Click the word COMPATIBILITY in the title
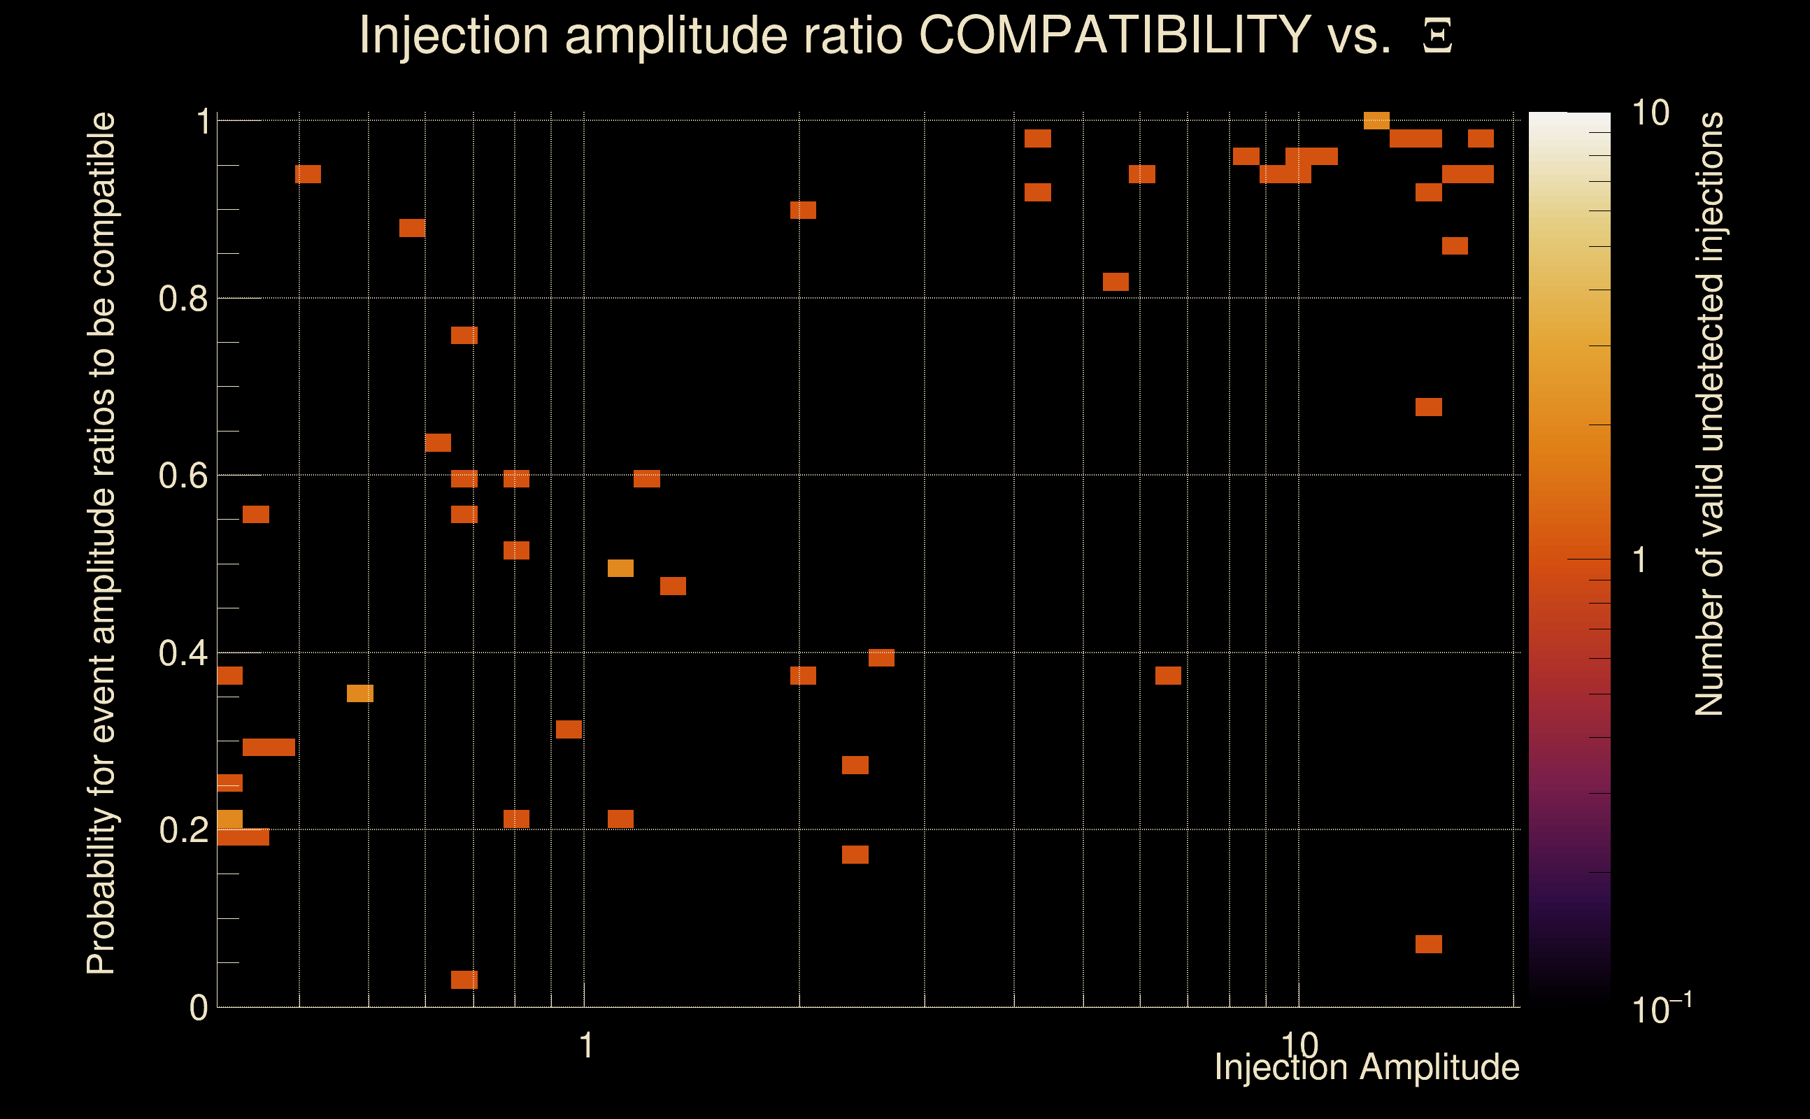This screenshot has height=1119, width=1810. point(1114,35)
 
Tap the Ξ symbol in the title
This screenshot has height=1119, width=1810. point(1437,36)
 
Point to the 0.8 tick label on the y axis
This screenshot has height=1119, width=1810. point(183,299)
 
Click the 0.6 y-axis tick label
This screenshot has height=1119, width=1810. point(183,476)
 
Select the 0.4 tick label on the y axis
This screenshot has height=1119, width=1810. point(183,653)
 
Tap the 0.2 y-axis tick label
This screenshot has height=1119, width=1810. point(183,830)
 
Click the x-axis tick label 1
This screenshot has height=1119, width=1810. point(586,1046)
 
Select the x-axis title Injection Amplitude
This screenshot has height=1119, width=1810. point(1367,1067)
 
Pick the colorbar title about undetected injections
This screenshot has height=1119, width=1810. point(1709,415)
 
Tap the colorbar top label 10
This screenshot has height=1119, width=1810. point(1650,114)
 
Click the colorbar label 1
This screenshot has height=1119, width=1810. point(1640,560)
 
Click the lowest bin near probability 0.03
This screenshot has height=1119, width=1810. point(464,980)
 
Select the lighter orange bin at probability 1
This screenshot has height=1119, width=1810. point(1376,120)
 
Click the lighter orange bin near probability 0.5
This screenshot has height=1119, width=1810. point(620,569)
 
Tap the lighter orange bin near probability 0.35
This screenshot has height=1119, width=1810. point(359,694)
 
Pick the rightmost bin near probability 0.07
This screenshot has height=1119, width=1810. point(1428,943)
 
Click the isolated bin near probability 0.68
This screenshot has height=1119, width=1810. point(1428,407)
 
